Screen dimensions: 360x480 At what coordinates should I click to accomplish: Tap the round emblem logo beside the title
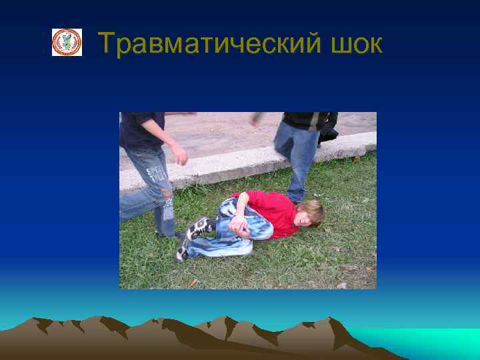click(x=67, y=42)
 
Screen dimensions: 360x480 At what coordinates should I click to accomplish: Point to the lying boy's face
click(x=306, y=217)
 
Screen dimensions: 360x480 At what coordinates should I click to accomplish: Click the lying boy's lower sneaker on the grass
click(x=182, y=251)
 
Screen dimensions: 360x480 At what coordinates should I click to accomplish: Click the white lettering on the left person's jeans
click(x=157, y=174)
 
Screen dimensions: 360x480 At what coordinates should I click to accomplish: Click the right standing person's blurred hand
click(x=256, y=119)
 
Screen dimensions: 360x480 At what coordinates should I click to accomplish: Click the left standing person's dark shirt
click(x=141, y=129)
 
